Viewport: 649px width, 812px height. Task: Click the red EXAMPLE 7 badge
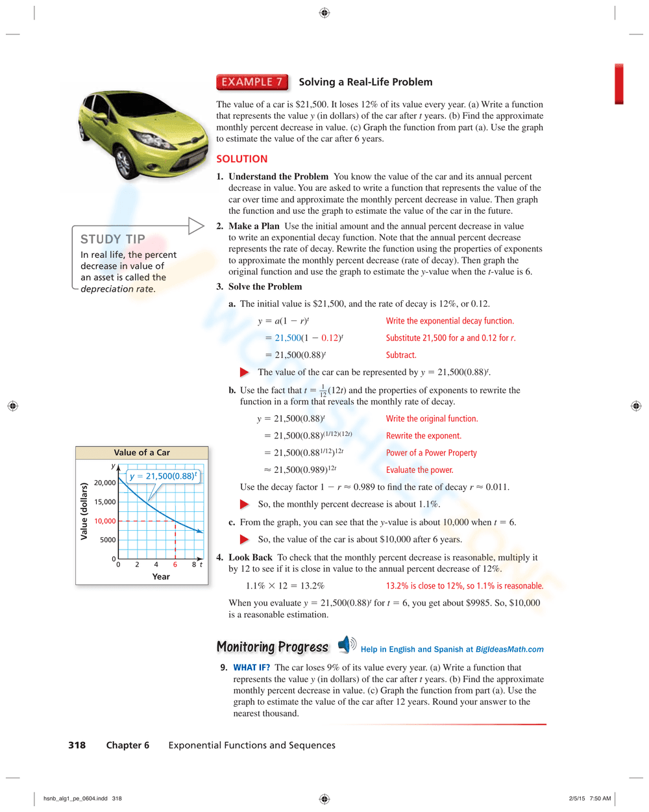click(x=252, y=82)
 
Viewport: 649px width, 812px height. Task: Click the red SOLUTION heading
click(x=241, y=159)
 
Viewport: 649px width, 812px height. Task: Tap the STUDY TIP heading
click(x=112, y=239)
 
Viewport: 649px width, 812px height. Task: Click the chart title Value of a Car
click(x=141, y=453)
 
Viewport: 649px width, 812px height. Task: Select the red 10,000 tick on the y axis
click(x=104, y=521)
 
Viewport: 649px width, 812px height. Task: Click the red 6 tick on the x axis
click(x=175, y=565)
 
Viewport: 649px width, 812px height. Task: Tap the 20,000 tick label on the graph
click(x=104, y=483)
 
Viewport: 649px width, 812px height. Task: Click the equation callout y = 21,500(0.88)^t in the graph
click(x=163, y=476)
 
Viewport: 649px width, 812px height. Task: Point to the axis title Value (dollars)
click(x=84, y=511)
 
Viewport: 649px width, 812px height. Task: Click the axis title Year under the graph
click(x=161, y=576)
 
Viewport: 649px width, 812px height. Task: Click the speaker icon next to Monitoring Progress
click(x=347, y=644)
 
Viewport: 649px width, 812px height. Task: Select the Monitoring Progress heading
click(x=273, y=647)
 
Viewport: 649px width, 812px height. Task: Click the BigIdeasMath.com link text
click(x=509, y=649)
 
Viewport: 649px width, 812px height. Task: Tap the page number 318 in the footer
click(x=77, y=745)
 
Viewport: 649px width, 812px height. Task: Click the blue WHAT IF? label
click(x=251, y=667)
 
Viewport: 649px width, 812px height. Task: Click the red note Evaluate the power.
click(x=419, y=470)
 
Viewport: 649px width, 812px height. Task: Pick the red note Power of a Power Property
click(x=431, y=453)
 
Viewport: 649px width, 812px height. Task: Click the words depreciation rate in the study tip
click(x=117, y=289)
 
